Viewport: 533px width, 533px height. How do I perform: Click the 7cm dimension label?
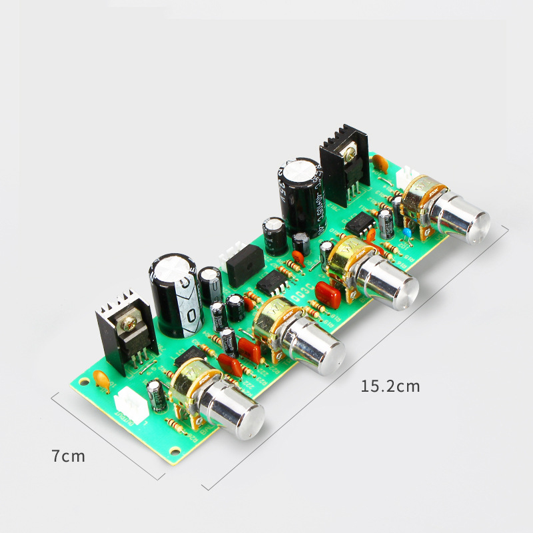click(x=68, y=456)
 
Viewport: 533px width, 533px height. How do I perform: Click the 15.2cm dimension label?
click(x=390, y=386)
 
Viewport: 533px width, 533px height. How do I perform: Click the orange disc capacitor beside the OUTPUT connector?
click(x=101, y=379)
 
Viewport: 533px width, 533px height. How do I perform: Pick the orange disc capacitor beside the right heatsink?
click(x=380, y=163)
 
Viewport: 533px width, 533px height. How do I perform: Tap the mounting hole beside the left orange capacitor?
click(x=83, y=382)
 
